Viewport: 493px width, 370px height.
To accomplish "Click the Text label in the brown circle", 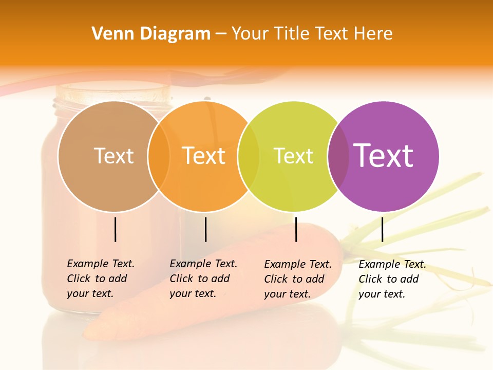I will (113, 156).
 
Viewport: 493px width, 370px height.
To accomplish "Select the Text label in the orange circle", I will (204, 156).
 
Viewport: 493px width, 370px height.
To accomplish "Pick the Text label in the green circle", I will (294, 156).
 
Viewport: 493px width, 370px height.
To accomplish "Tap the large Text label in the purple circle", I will (384, 156).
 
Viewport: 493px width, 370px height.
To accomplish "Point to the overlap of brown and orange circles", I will (159, 156).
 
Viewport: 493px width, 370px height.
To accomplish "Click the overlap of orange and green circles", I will (249, 156).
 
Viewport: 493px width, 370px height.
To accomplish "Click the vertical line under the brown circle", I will (116, 229).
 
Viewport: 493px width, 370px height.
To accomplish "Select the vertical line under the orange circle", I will (205, 229).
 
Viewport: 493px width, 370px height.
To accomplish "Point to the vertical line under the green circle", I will (296, 229).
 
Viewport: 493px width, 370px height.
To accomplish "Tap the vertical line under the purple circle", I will (383, 229).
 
